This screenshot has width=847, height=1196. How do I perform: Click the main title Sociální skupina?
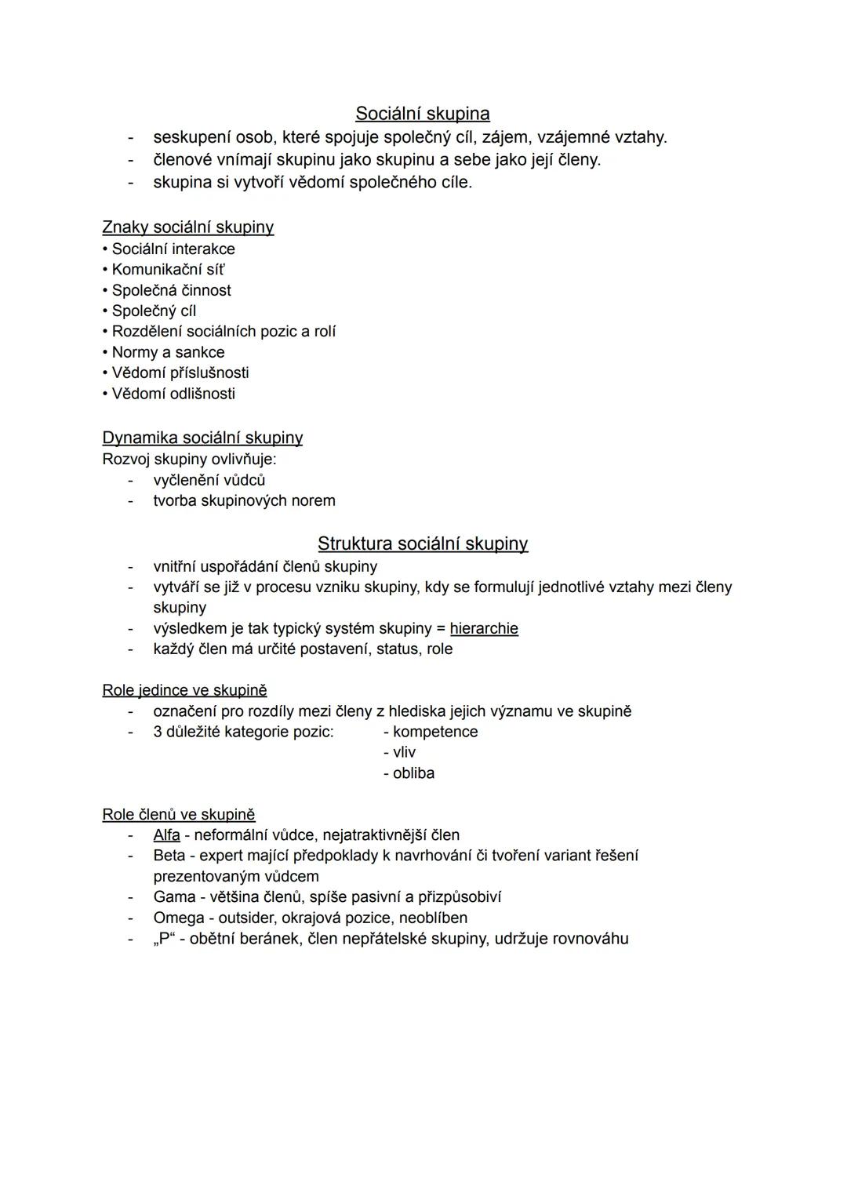[x=422, y=114]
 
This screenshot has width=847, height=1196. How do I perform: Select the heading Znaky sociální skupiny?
[x=187, y=227]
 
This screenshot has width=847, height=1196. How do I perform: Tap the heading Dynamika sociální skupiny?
[x=202, y=438]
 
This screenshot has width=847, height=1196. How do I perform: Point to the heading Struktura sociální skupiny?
[x=422, y=543]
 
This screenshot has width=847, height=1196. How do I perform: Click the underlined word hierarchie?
[x=484, y=629]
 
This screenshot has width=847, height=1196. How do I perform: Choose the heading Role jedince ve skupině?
[x=184, y=690]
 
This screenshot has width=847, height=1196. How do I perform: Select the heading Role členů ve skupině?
[x=179, y=815]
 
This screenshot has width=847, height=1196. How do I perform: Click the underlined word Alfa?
[x=166, y=835]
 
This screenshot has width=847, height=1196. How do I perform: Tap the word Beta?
[x=169, y=856]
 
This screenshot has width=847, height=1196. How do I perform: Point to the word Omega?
[x=179, y=918]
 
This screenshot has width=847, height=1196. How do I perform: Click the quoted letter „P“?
[x=163, y=939]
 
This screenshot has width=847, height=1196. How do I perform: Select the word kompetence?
[x=435, y=732]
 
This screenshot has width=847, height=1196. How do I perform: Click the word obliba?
[x=413, y=773]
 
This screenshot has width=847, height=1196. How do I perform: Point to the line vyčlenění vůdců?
[x=209, y=480]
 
